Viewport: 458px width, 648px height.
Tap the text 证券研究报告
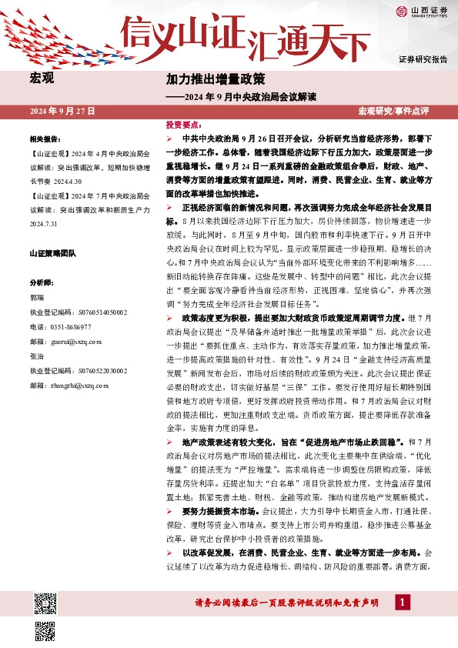click(x=423, y=59)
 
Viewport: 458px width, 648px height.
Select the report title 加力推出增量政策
click(x=216, y=79)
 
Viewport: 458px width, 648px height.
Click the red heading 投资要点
click(x=184, y=124)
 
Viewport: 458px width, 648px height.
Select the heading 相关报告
click(x=45, y=140)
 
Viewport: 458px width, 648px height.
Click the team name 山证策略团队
click(x=56, y=253)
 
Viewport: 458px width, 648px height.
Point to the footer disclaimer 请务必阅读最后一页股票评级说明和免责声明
click(x=286, y=602)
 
